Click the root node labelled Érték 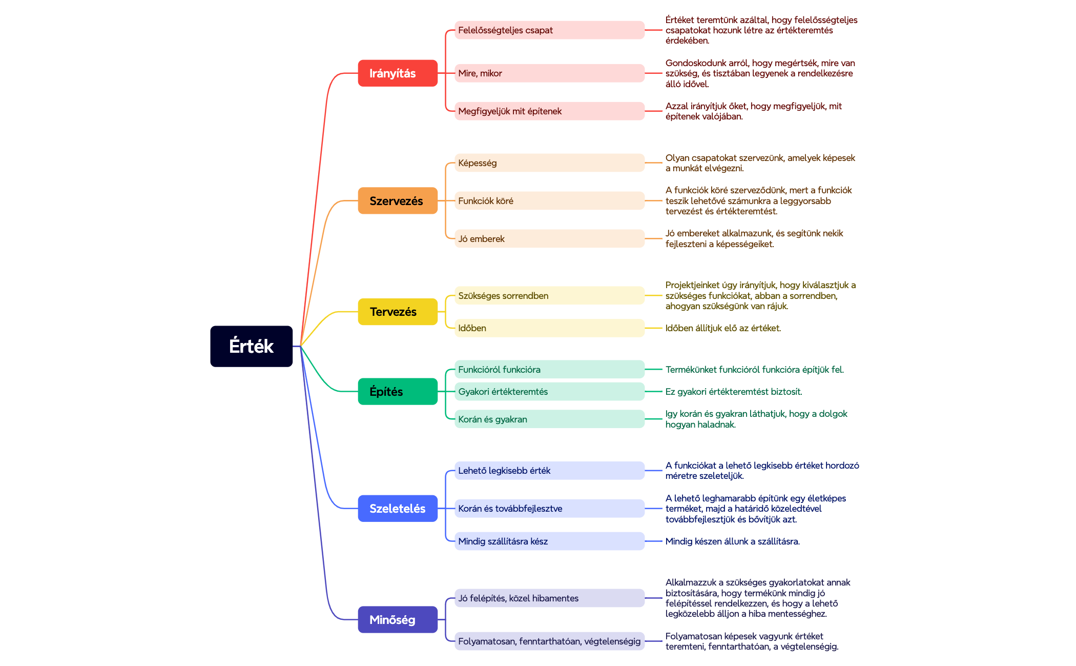click(x=251, y=346)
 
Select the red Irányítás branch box click(x=397, y=73)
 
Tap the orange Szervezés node click(x=397, y=200)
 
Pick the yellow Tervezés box click(x=397, y=312)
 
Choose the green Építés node click(x=397, y=391)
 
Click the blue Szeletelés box click(x=397, y=508)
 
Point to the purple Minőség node click(x=397, y=619)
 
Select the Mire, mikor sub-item click(x=549, y=73)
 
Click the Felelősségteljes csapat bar click(x=549, y=30)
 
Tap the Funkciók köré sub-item click(x=549, y=200)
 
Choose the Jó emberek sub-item click(x=549, y=238)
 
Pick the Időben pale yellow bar click(x=549, y=328)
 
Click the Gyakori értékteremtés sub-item click(x=549, y=391)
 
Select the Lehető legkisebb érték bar click(x=549, y=471)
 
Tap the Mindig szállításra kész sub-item click(x=549, y=541)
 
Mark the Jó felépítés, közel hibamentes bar click(x=549, y=598)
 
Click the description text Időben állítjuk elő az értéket click(x=723, y=328)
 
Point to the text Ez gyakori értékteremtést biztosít click(x=733, y=392)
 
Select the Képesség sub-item click(x=549, y=163)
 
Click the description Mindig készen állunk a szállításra click(x=732, y=541)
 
